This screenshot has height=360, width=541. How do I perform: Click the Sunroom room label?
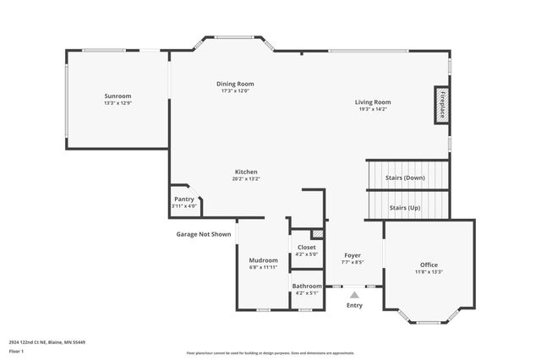117,95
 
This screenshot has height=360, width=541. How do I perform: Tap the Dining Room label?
235,84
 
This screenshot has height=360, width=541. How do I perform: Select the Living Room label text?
372,102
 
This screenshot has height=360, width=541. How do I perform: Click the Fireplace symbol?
441,105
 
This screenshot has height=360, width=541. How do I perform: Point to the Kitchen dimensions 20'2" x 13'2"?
245,178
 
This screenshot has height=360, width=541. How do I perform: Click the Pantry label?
184,199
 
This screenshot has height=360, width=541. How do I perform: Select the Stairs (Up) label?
404,207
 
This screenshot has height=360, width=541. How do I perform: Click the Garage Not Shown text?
203,234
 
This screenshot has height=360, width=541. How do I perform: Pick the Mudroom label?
263,259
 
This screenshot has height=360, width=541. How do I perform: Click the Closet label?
306,248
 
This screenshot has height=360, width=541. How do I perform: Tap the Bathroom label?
307,286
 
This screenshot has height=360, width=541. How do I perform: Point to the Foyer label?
353,255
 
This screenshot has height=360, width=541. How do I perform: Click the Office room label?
429,265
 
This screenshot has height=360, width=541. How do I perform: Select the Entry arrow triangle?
354,295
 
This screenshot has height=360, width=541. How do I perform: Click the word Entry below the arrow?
354,305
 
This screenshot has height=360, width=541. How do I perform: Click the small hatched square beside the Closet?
318,233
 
